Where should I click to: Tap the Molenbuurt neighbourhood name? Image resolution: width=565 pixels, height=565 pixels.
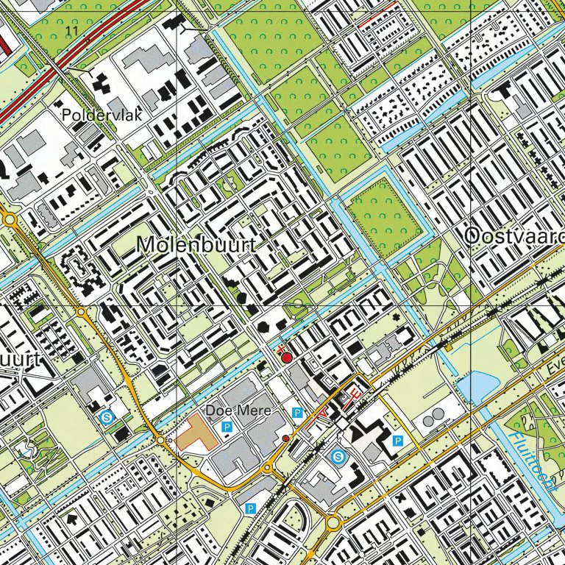[x=196, y=245]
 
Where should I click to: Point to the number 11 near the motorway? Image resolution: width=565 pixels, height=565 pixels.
[x=71, y=30]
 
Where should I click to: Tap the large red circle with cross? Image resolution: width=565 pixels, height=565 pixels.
[x=286, y=356]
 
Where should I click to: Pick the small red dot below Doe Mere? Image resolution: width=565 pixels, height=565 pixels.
[x=285, y=438]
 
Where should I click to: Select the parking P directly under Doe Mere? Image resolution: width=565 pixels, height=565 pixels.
[x=227, y=427]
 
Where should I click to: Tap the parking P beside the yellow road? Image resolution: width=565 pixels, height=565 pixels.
[x=398, y=441]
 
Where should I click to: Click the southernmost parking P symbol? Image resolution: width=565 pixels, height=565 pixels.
[x=250, y=508]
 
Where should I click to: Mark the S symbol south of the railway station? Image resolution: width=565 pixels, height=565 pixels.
[x=338, y=457]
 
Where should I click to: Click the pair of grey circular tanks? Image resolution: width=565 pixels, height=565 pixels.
[x=433, y=416]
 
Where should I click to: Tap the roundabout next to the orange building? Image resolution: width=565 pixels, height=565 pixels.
[x=160, y=439]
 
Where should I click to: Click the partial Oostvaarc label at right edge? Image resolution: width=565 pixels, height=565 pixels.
[x=514, y=236]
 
